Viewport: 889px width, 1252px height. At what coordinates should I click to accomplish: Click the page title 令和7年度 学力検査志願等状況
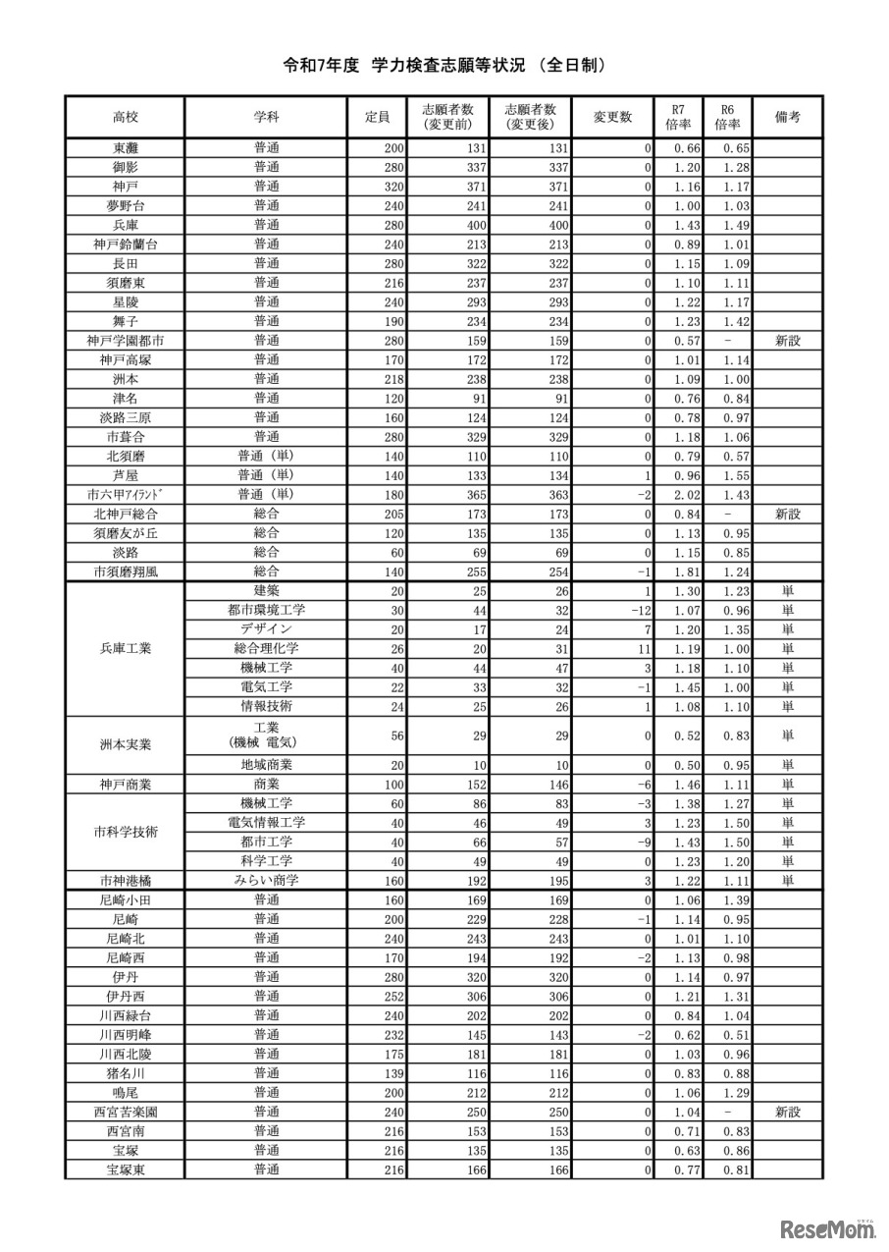pyautogui.click(x=444, y=66)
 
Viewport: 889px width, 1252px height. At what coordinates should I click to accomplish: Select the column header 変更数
pyautogui.click(x=612, y=117)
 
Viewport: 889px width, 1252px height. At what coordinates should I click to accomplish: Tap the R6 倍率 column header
pyautogui.click(x=727, y=117)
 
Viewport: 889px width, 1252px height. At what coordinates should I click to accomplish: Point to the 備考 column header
pyautogui.click(x=787, y=117)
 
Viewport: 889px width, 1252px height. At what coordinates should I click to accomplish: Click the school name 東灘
pyautogui.click(x=125, y=148)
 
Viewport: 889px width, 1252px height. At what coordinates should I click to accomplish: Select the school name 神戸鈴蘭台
pyautogui.click(x=125, y=245)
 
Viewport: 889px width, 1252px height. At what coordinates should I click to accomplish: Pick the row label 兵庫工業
pyautogui.click(x=125, y=648)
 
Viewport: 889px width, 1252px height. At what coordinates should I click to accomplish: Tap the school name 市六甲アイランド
pyautogui.click(x=125, y=494)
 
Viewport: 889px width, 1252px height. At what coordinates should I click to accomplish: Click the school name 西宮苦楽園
pyautogui.click(x=125, y=1112)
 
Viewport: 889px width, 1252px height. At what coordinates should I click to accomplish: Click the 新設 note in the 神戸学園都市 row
pyautogui.click(x=787, y=341)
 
